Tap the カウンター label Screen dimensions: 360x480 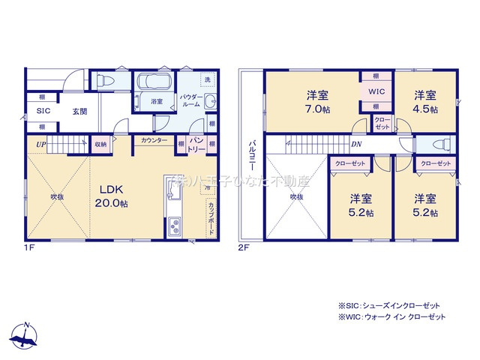coord(154,140)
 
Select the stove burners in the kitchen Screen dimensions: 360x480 coord(173,226)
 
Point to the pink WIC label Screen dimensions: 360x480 coord(374,91)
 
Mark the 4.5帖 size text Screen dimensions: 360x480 coord(424,109)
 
